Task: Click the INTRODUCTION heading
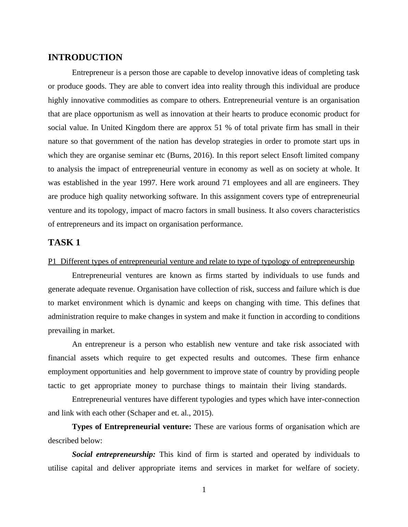click(x=85, y=57)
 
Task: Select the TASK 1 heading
click(x=64, y=243)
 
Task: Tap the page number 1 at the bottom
click(x=204, y=490)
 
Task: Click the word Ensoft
click(x=292, y=155)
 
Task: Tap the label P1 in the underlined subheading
click(x=52, y=262)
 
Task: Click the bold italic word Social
click(x=82, y=454)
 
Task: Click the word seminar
click(x=142, y=155)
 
